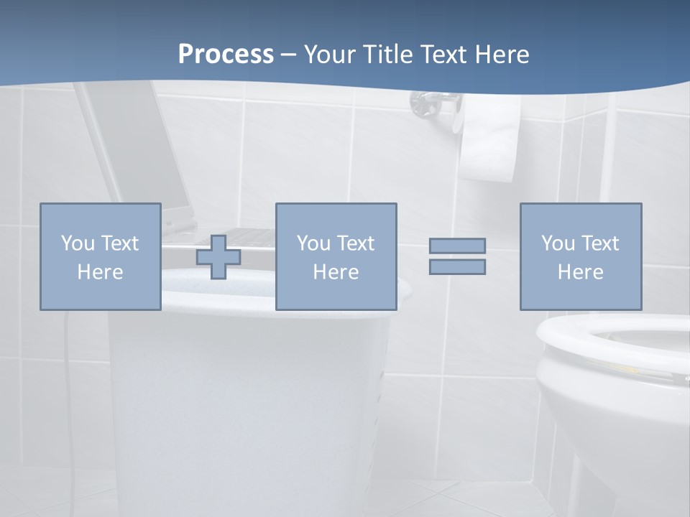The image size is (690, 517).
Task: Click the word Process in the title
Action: pos(226,55)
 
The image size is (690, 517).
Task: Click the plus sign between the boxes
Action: pos(218,256)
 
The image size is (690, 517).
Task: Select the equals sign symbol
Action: pos(457,256)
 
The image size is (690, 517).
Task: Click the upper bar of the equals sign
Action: pos(457,246)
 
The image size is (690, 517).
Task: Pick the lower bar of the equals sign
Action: pos(457,267)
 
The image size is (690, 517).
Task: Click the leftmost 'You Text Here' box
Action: pos(100,256)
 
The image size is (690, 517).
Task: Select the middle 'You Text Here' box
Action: pos(336,256)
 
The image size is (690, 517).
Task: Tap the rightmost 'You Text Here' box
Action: pos(580,256)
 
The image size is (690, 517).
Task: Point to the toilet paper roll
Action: pos(490,140)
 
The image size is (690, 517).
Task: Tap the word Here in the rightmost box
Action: pos(580,272)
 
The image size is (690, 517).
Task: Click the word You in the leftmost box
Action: pos(78,243)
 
